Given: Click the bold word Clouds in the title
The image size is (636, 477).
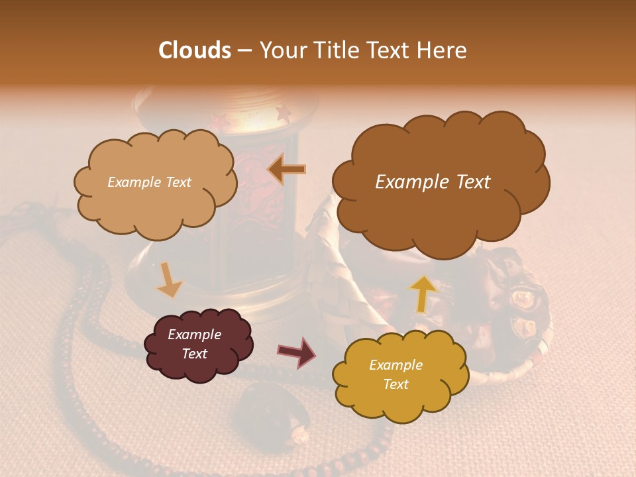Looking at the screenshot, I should (195, 50).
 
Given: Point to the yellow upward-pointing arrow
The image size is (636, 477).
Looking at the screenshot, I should (423, 293).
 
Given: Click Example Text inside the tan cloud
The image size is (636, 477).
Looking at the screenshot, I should (150, 182).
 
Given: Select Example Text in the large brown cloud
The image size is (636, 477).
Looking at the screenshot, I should (433, 182).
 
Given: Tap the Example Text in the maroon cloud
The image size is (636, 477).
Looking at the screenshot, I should (195, 344).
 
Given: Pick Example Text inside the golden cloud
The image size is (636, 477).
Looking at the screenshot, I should (396, 374).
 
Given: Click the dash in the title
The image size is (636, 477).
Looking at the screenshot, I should (244, 51).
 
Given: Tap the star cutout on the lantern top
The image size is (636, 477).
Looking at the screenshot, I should (283, 114).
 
